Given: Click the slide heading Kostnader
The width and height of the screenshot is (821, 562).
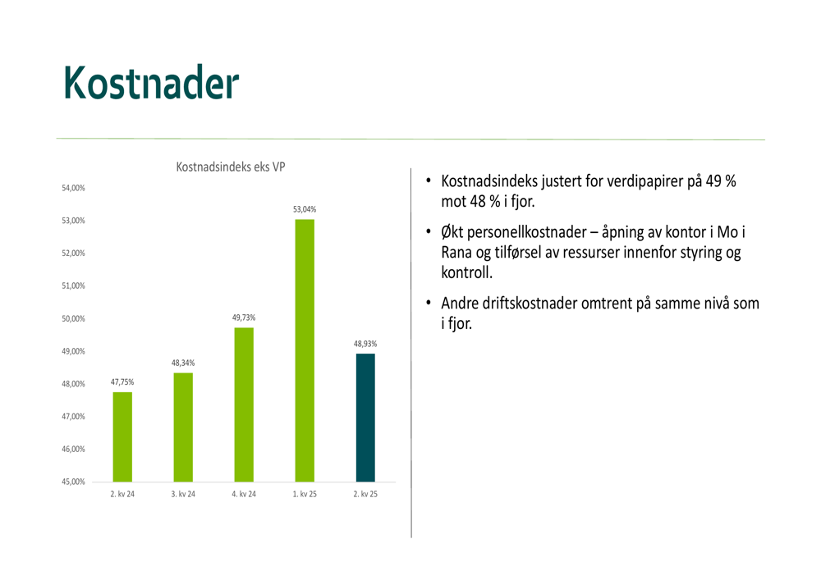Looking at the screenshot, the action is (151, 82).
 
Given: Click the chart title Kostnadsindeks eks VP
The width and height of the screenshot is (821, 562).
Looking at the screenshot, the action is (231, 167).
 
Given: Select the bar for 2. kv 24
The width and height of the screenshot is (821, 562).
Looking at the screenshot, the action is (122, 437).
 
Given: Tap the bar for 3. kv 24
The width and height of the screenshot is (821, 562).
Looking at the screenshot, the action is (183, 427).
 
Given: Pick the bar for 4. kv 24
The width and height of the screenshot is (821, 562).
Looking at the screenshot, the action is (244, 404).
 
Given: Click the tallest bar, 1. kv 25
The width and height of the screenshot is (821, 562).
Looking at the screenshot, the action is (305, 350).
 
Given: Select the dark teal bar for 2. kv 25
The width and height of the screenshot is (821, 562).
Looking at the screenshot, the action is (365, 418).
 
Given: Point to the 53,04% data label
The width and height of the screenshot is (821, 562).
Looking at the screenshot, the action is (305, 209).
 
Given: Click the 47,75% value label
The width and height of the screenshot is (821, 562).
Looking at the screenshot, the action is (122, 382).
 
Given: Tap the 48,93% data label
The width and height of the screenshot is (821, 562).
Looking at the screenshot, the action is (365, 344).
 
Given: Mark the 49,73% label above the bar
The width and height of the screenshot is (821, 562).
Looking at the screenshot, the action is (244, 318).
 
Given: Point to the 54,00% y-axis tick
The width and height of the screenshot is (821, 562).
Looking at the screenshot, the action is (73, 188).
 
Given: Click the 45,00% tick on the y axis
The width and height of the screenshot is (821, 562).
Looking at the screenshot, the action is (73, 482).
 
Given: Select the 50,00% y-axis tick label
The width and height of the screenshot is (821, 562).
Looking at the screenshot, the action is (73, 318).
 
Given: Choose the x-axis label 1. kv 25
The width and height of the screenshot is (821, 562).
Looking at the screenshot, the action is (305, 494).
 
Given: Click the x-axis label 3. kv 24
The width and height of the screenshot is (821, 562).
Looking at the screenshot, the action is (183, 494).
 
